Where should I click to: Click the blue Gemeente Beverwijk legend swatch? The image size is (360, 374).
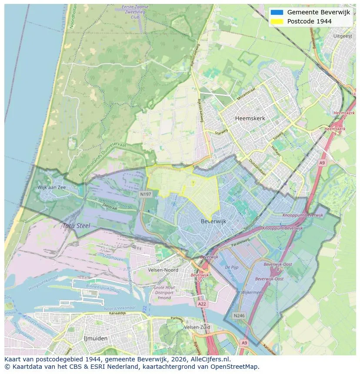tap(277, 12)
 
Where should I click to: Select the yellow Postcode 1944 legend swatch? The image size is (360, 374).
tap(277, 21)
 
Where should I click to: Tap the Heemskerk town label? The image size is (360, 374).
tap(250, 118)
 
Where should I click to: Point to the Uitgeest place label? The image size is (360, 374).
tap(342, 36)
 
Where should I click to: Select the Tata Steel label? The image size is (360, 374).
tap(76, 226)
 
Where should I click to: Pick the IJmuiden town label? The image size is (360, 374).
tap(96, 338)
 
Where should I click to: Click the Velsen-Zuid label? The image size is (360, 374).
tap(197, 327)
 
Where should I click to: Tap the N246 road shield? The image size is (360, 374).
tap(239, 316)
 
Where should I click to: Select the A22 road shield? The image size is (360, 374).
tap(202, 304)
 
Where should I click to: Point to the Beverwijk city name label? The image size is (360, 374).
tap(213, 221)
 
